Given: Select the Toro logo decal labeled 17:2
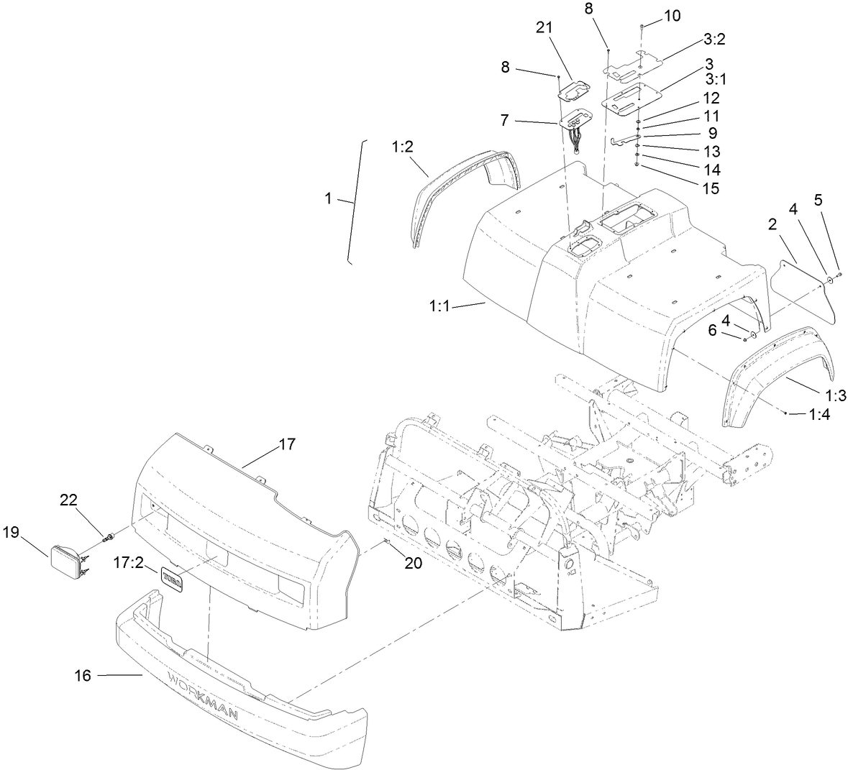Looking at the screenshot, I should coord(172,577).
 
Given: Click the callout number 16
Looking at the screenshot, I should coord(83,676).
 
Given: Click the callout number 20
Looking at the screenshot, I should coord(412,563).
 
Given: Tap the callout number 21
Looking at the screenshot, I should coord(544,27).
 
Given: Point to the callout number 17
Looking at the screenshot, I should coord(286,444).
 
